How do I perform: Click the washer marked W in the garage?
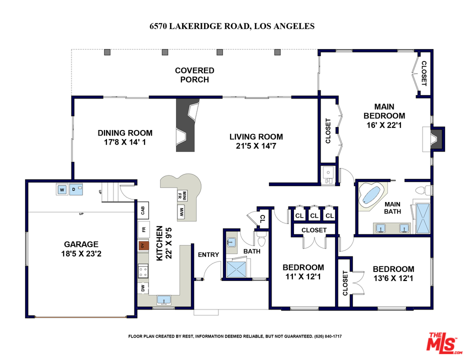tap(62, 189)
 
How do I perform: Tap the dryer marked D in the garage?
tap(75, 189)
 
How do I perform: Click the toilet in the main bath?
tap(423, 190)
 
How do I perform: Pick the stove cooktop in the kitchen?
tap(143, 272)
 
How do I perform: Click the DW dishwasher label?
tap(143, 288)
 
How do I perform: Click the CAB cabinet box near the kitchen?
tap(143, 210)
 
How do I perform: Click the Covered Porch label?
tap(194, 75)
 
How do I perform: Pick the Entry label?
tap(208, 254)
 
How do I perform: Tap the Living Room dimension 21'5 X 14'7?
tap(256, 146)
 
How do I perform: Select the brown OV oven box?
tap(143, 246)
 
